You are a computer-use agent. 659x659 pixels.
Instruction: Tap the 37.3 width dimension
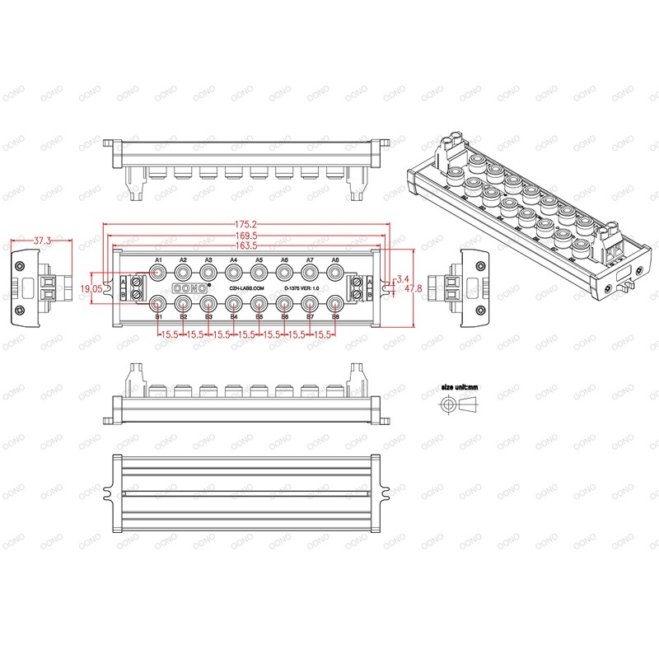pyautogui.click(x=42, y=241)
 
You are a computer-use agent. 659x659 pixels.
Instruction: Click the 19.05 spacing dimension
pyautogui.click(x=91, y=288)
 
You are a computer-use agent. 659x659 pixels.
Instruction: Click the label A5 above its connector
pyautogui.click(x=259, y=260)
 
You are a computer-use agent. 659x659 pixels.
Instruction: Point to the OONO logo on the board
pyautogui.click(x=191, y=287)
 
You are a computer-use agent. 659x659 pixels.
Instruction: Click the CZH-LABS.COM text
pyautogui.click(x=246, y=288)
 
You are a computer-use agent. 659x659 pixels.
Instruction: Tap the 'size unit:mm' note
pyautogui.click(x=459, y=386)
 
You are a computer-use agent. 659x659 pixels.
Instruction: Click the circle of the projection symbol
pyautogui.click(x=448, y=404)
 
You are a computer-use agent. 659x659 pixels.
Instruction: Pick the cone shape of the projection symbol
pyautogui.click(x=469, y=404)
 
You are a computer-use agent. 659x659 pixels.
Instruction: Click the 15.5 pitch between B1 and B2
pyautogui.click(x=171, y=334)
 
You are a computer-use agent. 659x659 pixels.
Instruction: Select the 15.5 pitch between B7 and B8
pyautogui.click(x=323, y=334)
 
